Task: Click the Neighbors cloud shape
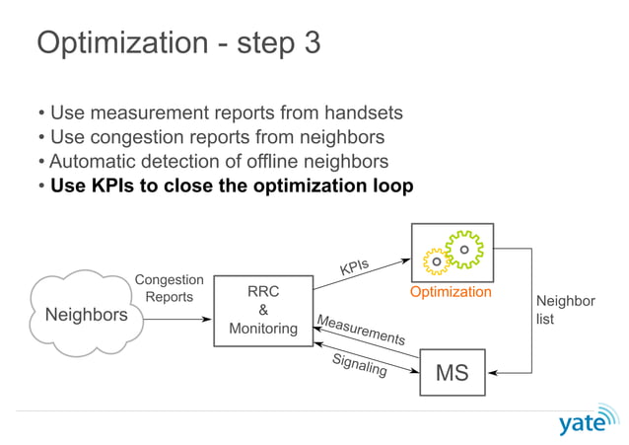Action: (87, 315)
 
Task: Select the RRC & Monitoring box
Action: (263, 311)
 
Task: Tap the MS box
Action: (453, 373)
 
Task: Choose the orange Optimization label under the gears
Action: (451, 292)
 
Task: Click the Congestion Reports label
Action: (170, 289)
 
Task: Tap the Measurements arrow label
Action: (361, 329)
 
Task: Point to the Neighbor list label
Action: (565, 310)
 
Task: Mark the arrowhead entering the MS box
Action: (492, 373)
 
